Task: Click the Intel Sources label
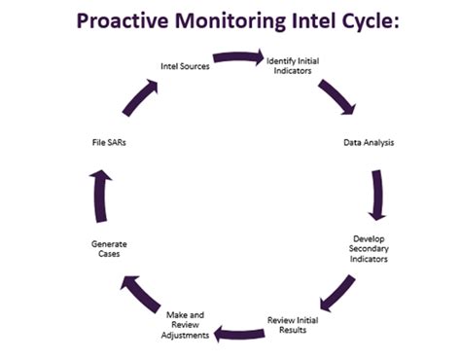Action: coord(185,66)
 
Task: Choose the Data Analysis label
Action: coord(369,142)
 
